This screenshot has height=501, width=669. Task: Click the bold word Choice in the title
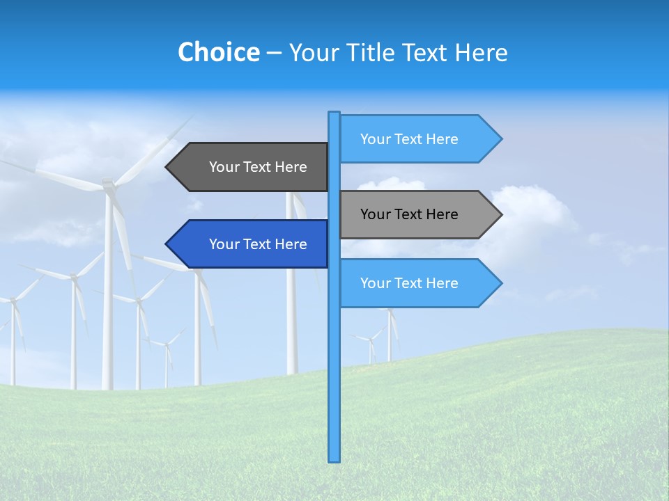point(218,52)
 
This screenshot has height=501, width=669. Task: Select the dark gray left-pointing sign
point(251,167)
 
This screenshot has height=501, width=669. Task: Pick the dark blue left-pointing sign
point(251,244)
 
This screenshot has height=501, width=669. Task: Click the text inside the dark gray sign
point(258,167)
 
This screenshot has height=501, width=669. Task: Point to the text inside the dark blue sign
point(258,244)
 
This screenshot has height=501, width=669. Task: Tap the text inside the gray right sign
point(409,214)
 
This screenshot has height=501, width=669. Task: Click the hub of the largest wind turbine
point(108,184)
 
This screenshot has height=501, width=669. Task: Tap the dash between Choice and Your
point(274,53)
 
